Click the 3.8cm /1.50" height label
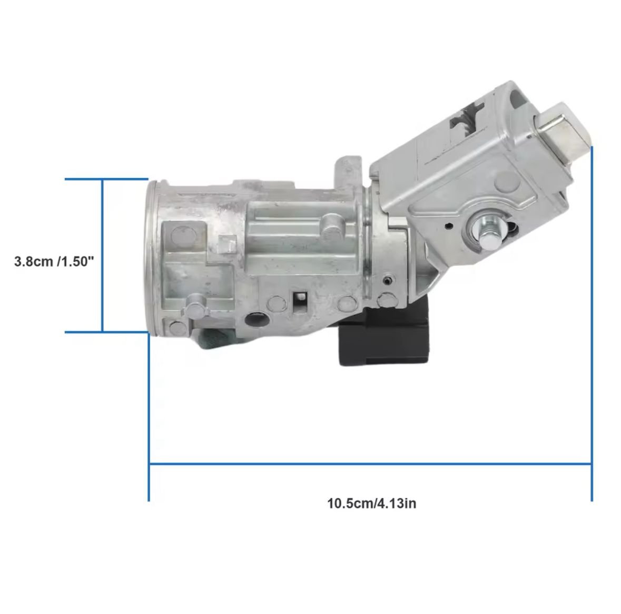[54, 261]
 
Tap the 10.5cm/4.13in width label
[371, 503]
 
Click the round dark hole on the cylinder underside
[255, 318]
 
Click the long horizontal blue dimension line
[370, 463]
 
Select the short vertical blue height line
[103, 255]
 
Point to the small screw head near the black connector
[387, 281]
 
